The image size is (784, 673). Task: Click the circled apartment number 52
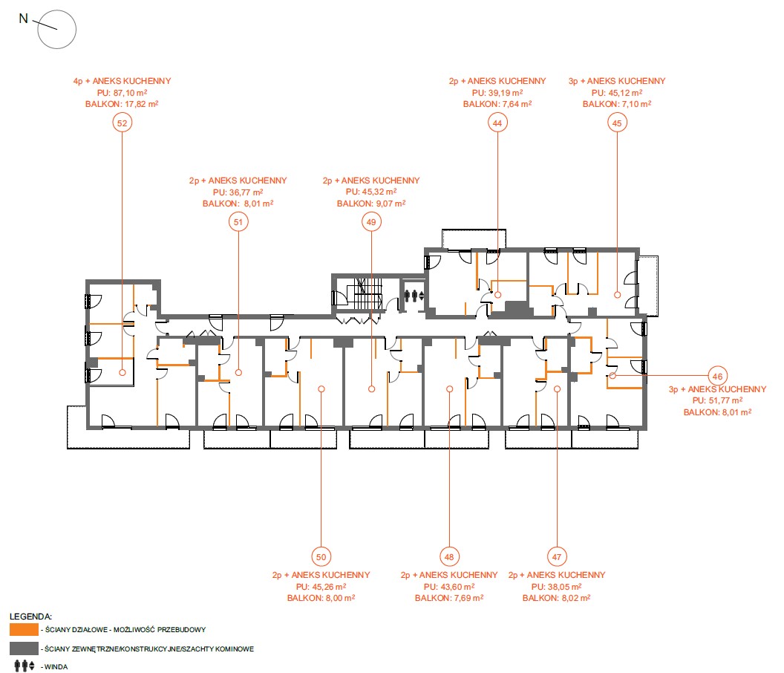tap(122, 123)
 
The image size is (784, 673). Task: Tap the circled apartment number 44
tap(497, 123)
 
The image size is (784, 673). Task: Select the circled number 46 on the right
tap(717, 377)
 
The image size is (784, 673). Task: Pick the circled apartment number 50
tap(321, 556)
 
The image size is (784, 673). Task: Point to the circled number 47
tap(557, 556)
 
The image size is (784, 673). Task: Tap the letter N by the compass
tap(24, 19)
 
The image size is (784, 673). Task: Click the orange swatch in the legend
tap(24, 629)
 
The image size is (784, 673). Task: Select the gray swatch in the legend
tap(24, 648)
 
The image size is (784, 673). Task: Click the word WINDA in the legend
tap(56, 666)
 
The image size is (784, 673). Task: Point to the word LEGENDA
tap(30, 617)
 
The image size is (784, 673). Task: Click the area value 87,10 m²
tap(129, 93)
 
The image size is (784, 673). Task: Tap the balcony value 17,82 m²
tap(142, 104)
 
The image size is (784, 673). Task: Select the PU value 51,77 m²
tap(725, 400)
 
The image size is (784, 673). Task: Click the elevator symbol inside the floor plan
tap(414, 296)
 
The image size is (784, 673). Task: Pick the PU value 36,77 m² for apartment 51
tap(246, 192)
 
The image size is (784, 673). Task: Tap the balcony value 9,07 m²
tap(391, 204)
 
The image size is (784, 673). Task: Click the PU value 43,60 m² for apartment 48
tap(457, 586)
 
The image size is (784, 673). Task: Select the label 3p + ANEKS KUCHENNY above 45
tap(617, 81)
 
